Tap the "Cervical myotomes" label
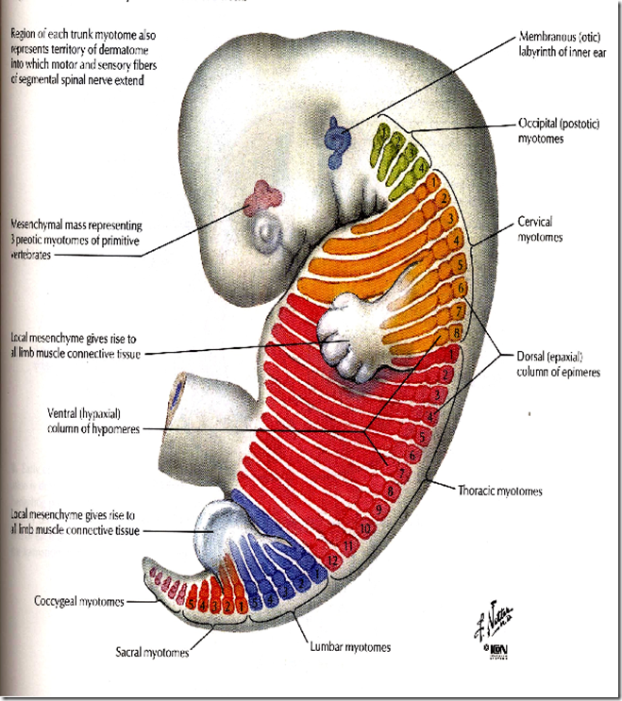tap(541, 229)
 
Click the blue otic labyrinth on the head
tap(337, 138)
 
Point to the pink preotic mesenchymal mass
tap(264, 199)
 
